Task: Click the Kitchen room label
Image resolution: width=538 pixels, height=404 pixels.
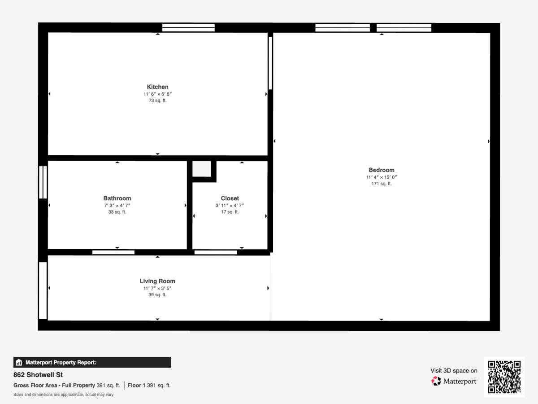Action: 158,87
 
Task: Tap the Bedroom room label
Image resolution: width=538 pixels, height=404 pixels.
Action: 382,170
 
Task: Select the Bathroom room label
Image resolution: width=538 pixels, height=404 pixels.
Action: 117,198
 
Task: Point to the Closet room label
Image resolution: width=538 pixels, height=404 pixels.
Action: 230,198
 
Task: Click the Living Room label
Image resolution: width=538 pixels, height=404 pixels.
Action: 157,281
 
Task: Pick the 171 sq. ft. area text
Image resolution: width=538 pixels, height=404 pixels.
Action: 382,184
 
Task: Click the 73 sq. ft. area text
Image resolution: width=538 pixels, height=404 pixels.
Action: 157,101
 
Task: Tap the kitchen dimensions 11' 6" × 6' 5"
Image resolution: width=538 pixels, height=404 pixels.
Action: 158,94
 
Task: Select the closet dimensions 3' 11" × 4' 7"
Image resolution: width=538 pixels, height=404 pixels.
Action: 230,205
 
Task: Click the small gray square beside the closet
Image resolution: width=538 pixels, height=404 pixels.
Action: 201,169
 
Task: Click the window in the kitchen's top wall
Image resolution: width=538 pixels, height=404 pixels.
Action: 188,28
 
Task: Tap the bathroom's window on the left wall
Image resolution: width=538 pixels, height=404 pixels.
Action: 43,182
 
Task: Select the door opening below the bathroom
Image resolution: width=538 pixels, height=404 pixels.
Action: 113,252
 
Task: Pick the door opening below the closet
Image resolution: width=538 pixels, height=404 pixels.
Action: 216,252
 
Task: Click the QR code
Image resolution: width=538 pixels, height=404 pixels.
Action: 504,377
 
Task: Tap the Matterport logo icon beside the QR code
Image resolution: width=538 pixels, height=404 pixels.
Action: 436,381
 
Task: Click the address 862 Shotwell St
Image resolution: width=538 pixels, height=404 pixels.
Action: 38,375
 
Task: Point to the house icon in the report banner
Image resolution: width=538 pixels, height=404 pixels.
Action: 19,362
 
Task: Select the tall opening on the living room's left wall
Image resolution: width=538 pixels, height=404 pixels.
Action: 43,290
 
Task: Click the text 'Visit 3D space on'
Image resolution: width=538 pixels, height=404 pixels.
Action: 454,371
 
